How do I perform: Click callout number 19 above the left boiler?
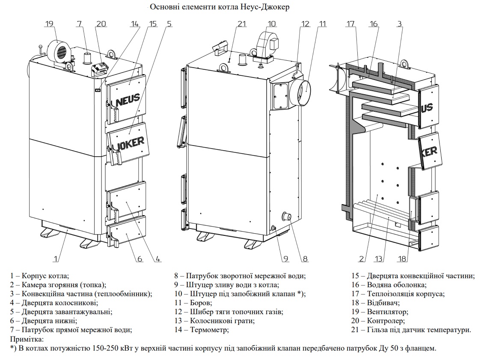[x=50, y=24]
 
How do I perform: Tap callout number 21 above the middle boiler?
[x=242, y=24]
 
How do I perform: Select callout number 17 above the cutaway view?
[x=351, y=24]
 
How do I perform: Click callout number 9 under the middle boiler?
[x=285, y=259]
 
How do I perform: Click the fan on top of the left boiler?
[x=59, y=50]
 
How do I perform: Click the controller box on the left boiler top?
[x=100, y=67]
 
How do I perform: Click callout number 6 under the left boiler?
[x=140, y=259]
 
